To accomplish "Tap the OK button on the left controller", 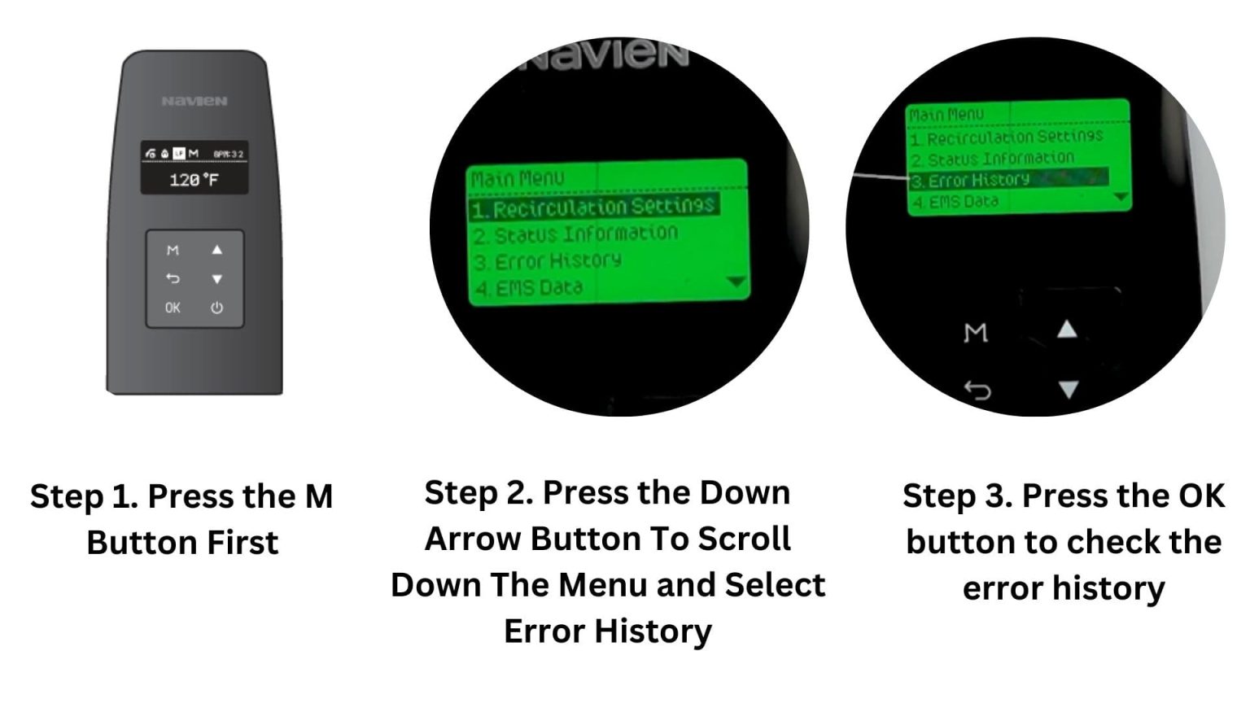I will (x=173, y=308).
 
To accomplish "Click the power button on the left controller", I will (x=216, y=308).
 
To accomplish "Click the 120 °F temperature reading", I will (x=194, y=180).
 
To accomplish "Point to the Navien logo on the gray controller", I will (x=194, y=101).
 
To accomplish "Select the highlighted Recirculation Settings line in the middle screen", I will (x=594, y=207).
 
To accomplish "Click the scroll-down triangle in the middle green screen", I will (x=736, y=282).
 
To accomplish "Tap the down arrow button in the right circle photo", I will (x=1068, y=390).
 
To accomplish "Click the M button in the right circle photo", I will (x=976, y=332).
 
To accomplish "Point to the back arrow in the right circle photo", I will (x=977, y=391).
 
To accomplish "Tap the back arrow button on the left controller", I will (x=173, y=278).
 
